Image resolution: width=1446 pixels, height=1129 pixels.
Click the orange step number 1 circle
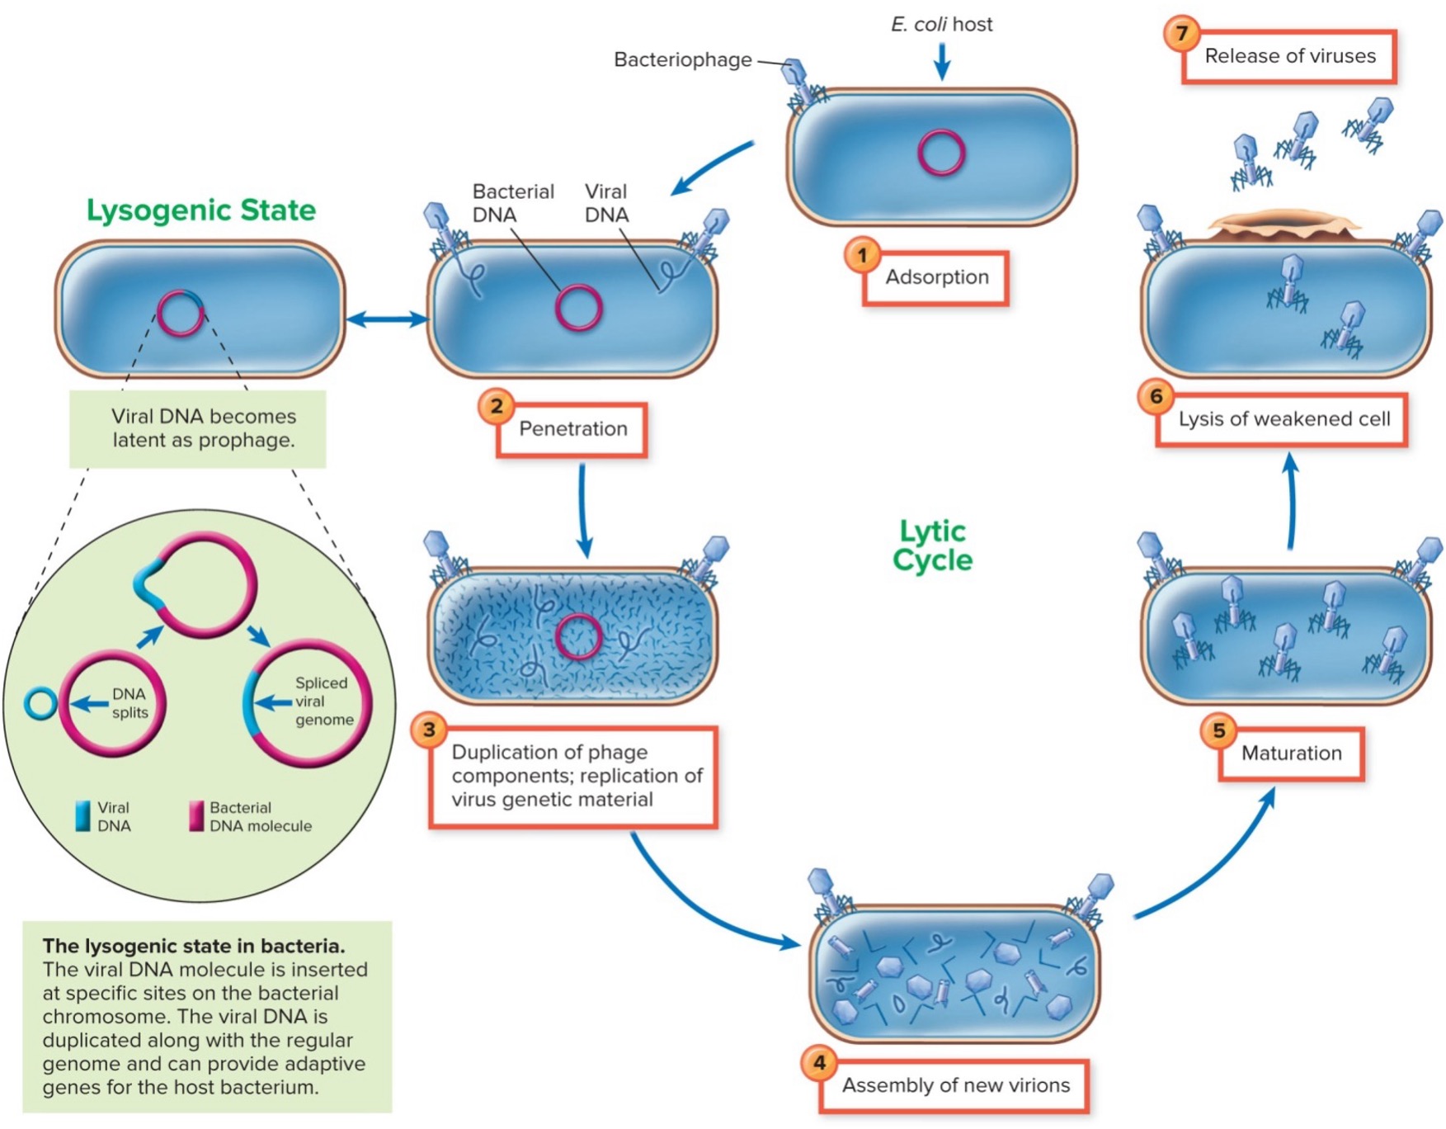tap(862, 255)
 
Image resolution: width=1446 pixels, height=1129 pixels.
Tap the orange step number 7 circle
tap(1181, 33)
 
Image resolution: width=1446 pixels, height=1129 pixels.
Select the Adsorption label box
tap(936, 278)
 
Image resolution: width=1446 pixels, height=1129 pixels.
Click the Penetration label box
tap(572, 429)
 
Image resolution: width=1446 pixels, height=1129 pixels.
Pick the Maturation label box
tap(1291, 753)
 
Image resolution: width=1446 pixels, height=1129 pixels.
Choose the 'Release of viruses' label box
tap(1289, 56)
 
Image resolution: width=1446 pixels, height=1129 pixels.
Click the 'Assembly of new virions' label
tap(955, 1085)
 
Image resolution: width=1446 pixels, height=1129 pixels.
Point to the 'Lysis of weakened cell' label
tap(1283, 419)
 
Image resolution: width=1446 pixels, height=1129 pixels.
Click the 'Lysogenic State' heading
tap(201, 210)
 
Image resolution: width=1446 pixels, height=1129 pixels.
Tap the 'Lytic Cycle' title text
tap(932, 546)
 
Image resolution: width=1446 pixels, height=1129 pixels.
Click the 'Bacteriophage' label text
tap(682, 59)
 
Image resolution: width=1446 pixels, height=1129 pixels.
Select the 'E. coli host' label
tap(941, 24)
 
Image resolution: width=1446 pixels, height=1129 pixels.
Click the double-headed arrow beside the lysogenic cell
tap(386, 319)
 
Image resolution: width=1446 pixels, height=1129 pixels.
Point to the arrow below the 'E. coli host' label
tap(941, 60)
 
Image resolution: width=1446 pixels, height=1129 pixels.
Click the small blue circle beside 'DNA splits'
tap(40, 703)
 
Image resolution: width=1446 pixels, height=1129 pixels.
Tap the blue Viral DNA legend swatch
tap(82, 815)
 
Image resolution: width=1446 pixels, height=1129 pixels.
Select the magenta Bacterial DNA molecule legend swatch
tap(196, 815)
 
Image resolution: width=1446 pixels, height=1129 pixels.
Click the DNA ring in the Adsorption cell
tap(941, 153)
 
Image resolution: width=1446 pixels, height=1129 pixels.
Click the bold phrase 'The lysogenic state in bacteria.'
tap(194, 946)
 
